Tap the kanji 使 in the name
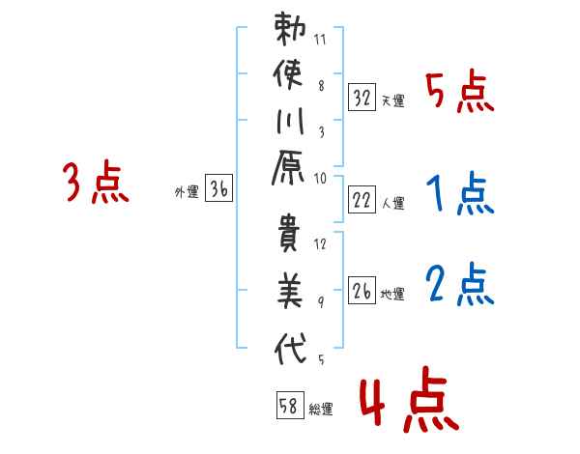288,75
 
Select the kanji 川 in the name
290,122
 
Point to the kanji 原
288,167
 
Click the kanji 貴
288,234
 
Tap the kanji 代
290,348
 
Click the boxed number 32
362,98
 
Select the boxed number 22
362,200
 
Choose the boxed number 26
362,290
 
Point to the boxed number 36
218,187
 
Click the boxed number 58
290,405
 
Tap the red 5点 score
459,92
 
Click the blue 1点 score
459,193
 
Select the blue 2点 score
459,284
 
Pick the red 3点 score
96,182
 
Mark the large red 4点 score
409,399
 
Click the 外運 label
187,192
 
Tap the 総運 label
321,410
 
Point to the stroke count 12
320,244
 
